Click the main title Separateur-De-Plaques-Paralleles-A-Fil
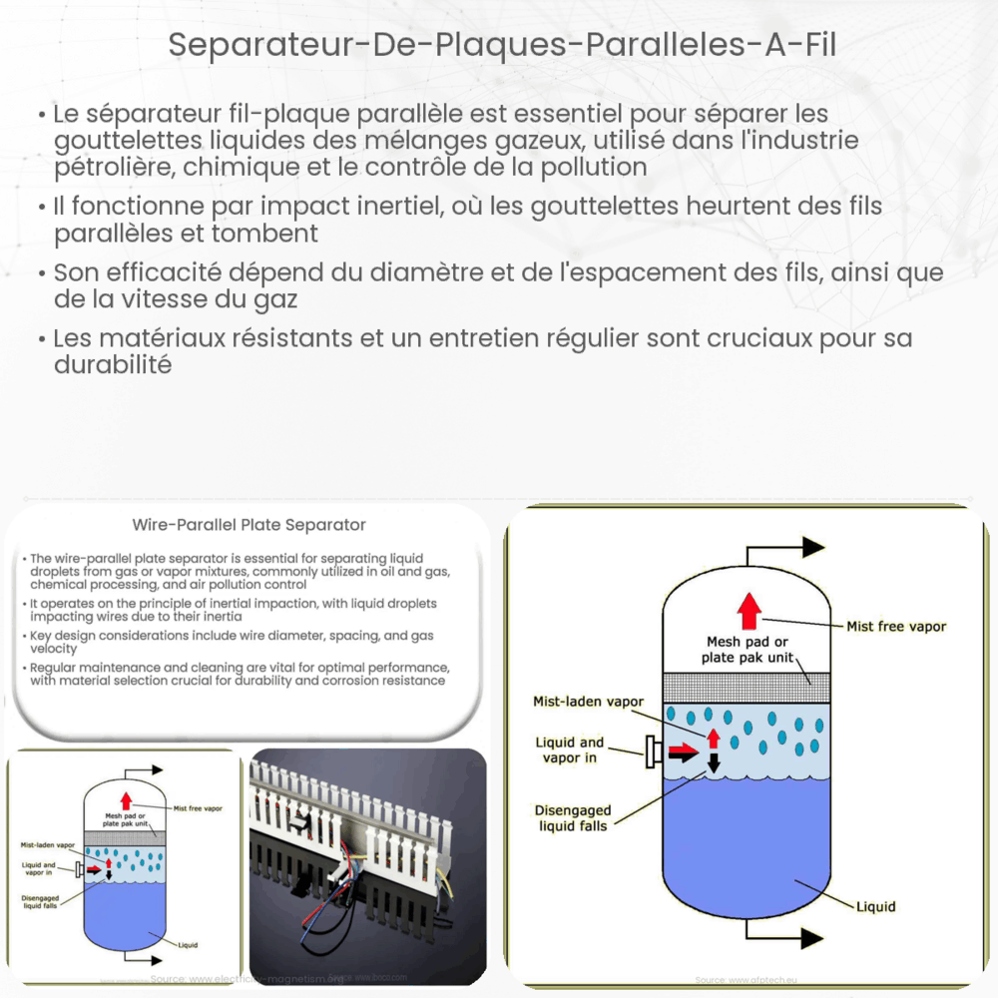pos(499,45)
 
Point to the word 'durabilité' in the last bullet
pos(113,364)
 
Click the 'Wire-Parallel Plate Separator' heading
pos(249,524)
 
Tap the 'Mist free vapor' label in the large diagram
pos(895,626)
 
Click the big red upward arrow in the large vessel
pos(748,610)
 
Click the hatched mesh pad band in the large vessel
pos(747,688)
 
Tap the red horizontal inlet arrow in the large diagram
pos(684,750)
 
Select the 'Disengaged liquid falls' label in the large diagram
pos(572,818)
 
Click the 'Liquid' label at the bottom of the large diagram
pos(875,906)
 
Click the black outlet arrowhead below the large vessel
pos(812,938)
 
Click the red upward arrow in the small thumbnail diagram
pos(125,799)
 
